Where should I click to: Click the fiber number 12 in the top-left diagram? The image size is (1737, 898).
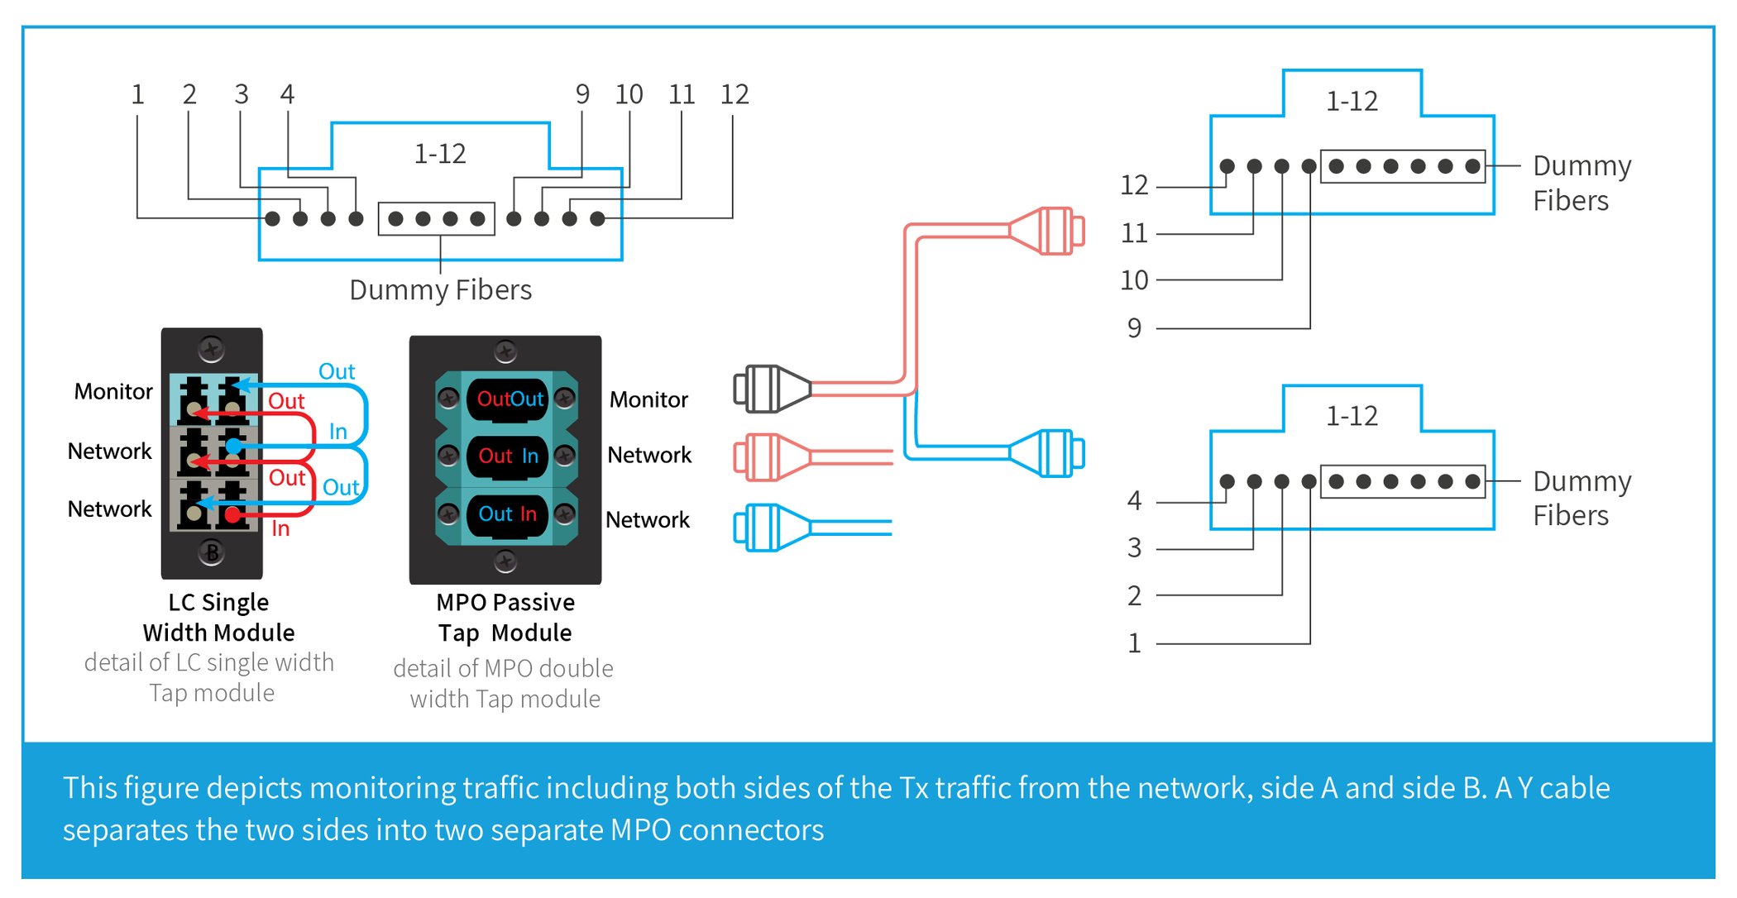(734, 94)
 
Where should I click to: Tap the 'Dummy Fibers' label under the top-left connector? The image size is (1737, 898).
(440, 290)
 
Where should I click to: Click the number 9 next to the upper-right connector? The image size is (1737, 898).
(1134, 328)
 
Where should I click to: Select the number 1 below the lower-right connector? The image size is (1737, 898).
(1134, 643)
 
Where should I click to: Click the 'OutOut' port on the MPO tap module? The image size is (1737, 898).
(509, 399)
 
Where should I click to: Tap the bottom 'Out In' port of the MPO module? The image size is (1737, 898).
(507, 514)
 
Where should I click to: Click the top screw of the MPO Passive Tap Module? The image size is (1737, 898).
(505, 352)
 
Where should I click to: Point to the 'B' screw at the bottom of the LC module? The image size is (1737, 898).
(212, 552)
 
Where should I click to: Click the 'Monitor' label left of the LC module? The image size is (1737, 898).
(113, 391)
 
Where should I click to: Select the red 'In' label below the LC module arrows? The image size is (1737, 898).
(280, 529)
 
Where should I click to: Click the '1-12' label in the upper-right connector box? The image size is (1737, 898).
(1352, 102)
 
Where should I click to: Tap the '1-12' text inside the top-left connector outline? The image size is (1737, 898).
(439, 154)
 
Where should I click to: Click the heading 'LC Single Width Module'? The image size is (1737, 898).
(218, 617)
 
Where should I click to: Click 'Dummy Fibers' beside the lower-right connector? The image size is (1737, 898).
(1581, 498)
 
